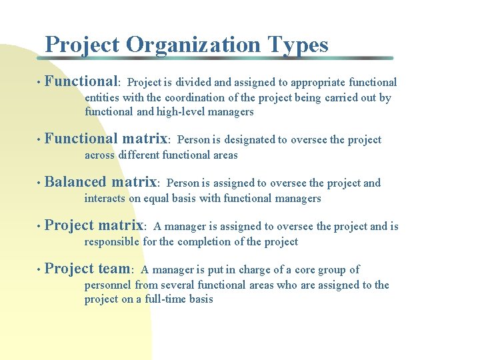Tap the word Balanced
coord(75,182)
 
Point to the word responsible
coord(112,241)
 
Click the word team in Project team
coord(113,269)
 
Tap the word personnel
coord(108,285)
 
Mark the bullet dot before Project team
coord(39,270)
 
